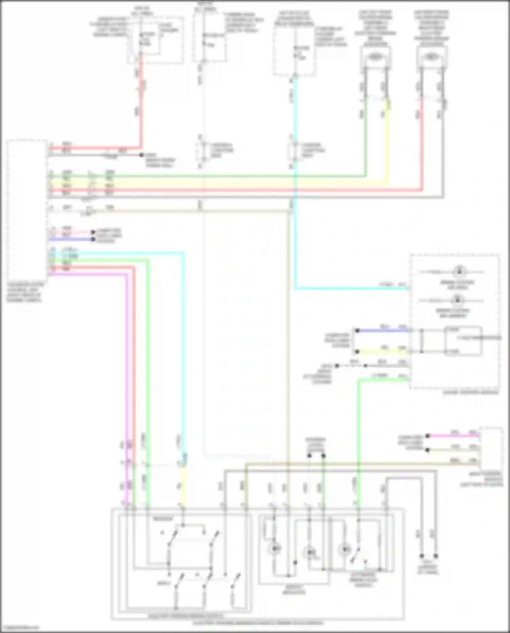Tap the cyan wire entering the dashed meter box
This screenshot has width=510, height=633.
tap(350, 288)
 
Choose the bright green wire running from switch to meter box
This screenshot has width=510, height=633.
tap(358, 442)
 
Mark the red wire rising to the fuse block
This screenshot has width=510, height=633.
tap(140, 102)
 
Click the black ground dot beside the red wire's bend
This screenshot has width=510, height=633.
tap(141, 155)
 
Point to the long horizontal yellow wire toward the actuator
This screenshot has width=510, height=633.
tap(238, 184)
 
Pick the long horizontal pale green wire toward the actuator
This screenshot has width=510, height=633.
tap(238, 176)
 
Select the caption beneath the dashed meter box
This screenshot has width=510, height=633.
tap(471, 393)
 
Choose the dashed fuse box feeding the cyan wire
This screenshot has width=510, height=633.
tap(294, 51)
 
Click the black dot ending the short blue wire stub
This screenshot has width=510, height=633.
tap(93, 239)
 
